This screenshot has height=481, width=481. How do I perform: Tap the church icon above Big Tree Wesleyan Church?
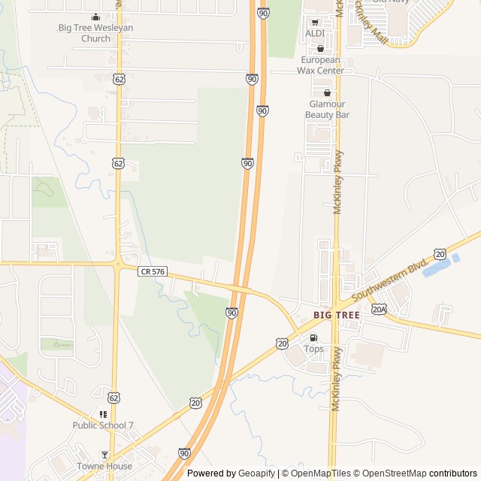95,17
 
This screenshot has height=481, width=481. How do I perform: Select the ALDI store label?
315,34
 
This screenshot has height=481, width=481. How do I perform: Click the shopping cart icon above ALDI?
315,22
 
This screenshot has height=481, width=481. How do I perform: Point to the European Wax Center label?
321,65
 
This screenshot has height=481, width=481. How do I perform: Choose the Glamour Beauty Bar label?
327,109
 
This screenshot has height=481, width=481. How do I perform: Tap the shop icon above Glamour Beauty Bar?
327,92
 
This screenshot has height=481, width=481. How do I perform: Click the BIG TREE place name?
337,316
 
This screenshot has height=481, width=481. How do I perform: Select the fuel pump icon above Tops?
313,337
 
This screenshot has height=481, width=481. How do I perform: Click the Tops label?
313,349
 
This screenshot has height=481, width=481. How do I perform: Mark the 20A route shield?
379,309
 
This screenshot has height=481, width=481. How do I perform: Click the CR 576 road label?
153,271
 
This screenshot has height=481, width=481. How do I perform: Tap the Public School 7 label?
103,425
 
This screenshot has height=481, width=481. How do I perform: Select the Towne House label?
104,466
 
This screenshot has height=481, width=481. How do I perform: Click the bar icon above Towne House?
104,455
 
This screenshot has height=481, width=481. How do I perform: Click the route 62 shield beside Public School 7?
113,397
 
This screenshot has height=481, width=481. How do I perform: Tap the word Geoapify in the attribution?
257,473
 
